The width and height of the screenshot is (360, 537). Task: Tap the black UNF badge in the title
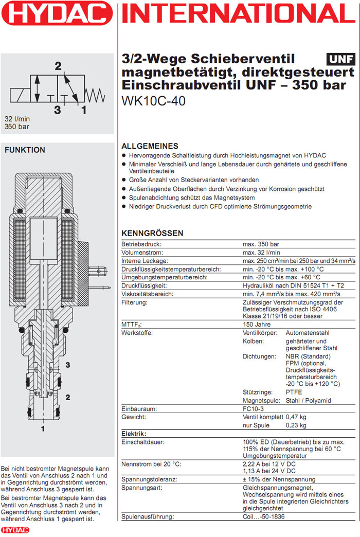(x=340, y=59)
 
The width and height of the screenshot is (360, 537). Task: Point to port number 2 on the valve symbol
(x=58, y=65)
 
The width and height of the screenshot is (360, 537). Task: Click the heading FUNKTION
(x=25, y=150)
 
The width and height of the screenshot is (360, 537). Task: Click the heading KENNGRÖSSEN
(x=152, y=233)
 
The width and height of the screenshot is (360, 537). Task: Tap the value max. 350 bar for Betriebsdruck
(x=261, y=244)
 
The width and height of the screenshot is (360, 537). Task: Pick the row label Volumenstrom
(x=142, y=253)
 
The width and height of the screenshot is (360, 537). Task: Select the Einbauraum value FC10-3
(x=255, y=409)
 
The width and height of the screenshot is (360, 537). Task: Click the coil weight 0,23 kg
(x=296, y=425)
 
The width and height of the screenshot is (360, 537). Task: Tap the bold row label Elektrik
(x=134, y=434)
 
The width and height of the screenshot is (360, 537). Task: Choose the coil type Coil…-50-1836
(x=264, y=516)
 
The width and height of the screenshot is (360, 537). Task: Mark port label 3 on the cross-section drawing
(x=67, y=365)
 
